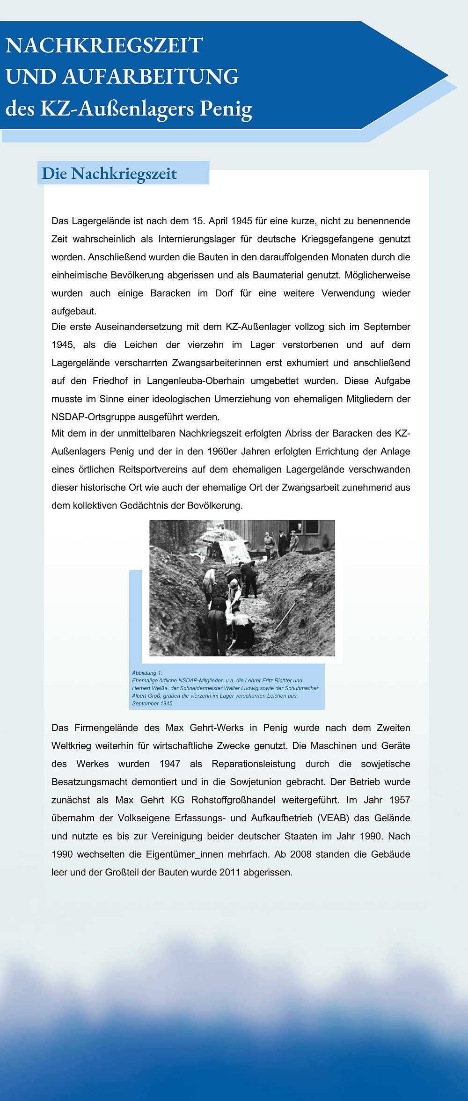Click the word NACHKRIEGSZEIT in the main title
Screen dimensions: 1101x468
(x=104, y=46)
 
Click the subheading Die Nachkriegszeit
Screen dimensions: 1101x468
(x=110, y=174)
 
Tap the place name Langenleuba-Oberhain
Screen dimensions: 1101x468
(x=196, y=381)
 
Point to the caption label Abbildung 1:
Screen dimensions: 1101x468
(x=147, y=673)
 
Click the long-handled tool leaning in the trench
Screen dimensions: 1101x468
(x=285, y=617)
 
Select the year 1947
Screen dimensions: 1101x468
(x=170, y=764)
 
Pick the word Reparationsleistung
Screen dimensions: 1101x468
(x=254, y=764)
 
